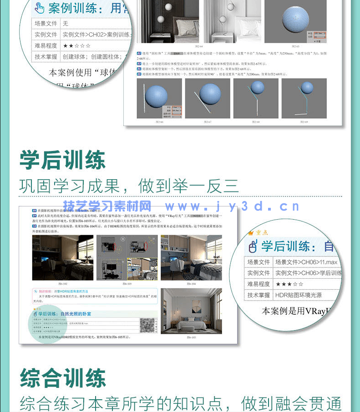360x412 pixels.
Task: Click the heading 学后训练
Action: pyautogui.click(x=62, y=160)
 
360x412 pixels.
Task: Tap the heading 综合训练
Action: pyautogui.click(x=62, y=378)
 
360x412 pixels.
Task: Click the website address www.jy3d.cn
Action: pyautogui.click(x=232, y=206)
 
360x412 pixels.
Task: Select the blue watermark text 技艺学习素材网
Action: pyautogui.click(x=107, y=206)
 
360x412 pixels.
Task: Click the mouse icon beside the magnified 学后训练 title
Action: pyautogui.click(x=253, y=247)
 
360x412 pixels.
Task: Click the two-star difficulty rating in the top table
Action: pyautogui.click(x=77, y=45)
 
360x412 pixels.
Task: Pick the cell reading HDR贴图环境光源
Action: pyautogui.click(x=298, y=295)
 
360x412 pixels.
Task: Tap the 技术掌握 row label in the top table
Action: pyautogui.click(x=46, y=57)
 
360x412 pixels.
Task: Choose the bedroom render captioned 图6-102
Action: pyautogui.click(x=62, y=257)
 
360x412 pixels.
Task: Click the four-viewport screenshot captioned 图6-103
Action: pyautogui.click(x=127, y=257)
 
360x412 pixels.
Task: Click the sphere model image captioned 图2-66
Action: pyautogui.click(x=159, y=99)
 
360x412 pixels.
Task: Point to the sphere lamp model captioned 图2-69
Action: pyautogui.click(x=304, y=99)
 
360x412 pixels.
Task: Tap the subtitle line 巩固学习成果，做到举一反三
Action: pyautogui.click(x=129, y=186)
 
